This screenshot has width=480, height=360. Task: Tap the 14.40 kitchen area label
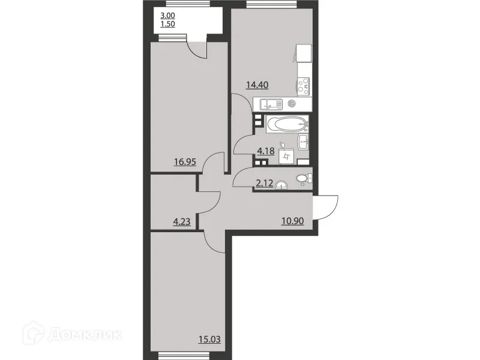coord(256,85)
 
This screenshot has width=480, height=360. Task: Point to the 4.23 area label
coord(182,221)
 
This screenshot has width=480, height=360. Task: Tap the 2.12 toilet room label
coord(265,184)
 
